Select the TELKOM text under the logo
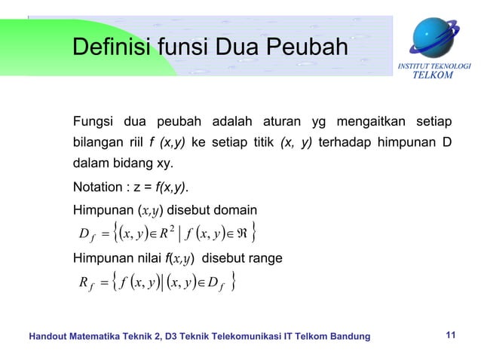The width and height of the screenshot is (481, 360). click(436, 75)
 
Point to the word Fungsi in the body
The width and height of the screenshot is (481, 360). click(93, 122)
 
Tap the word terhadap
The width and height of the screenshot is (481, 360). click(345, 143)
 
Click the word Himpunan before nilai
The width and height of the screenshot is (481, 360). click(101, 258)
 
